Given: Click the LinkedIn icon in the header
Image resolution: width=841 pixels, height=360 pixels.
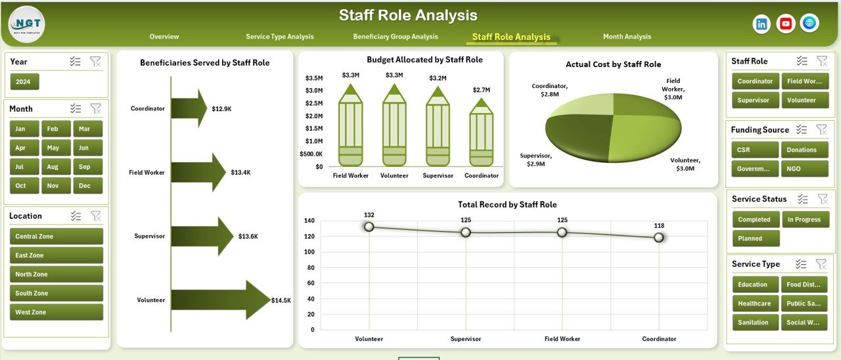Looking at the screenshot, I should click(761, 24).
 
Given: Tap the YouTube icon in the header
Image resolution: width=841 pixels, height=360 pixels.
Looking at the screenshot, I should click(785, 24).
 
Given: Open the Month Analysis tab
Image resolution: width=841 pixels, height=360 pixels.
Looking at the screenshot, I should click(627, 37).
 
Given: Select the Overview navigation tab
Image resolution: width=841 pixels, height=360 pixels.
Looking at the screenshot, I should click(164, 37).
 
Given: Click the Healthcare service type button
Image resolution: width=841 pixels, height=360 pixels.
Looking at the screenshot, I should click(754, 304).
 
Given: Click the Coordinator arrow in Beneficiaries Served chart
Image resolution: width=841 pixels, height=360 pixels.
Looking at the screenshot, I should click(189, 108).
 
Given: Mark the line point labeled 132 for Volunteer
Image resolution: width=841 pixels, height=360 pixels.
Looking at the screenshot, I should click(369, 227).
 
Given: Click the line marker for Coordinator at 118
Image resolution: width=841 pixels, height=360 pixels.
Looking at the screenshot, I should click(658, 237).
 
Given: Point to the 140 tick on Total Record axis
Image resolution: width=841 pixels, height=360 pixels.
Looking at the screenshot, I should click(309, 221).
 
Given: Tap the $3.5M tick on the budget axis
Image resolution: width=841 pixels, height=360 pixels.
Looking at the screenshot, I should click(313, 78).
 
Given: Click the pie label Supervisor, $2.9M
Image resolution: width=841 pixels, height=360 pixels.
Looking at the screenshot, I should click(535, 159).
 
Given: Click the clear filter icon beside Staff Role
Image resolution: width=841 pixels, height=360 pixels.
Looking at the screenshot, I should click(821, 61).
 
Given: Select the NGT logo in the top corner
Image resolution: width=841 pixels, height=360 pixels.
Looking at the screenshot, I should click(27, 24).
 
